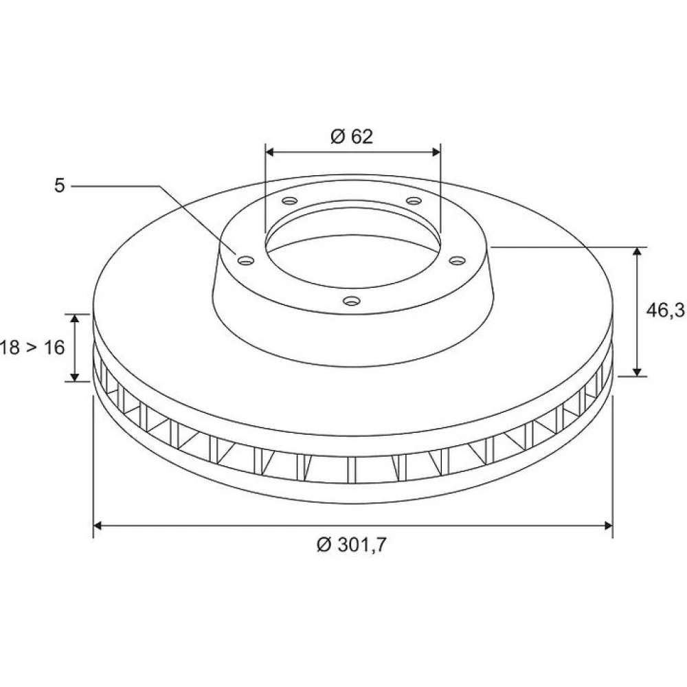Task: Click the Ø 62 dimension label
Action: (352, 137)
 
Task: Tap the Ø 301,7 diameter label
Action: (352, 545)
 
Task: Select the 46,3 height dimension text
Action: (665, 311)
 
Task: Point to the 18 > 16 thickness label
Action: (32, 335)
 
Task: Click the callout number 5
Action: (59, 185)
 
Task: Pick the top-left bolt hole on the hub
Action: (290, 201)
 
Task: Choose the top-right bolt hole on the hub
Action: (414, 201)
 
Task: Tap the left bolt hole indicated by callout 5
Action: (246, 260)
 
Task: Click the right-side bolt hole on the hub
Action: (457, 260)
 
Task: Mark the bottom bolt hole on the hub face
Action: (351, 301)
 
